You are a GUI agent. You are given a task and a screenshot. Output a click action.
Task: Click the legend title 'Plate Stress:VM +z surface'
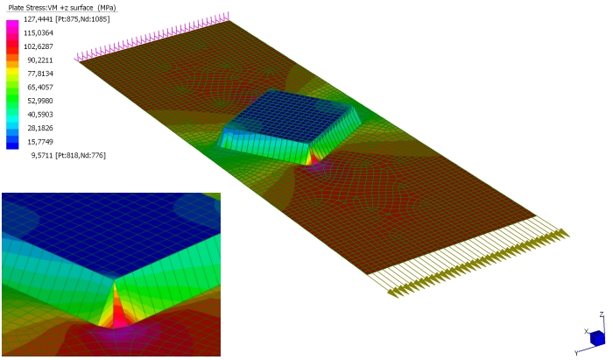[51, 8]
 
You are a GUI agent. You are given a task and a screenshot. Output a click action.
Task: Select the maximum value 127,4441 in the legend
[39, 19]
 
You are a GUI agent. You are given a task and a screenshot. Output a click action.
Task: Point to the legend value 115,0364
[39, 32]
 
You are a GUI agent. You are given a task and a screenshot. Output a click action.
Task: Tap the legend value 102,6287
[39, 46]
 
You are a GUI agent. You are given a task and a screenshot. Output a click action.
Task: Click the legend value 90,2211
[40, 60]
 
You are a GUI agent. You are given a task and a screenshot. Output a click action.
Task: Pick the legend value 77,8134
[40, 74]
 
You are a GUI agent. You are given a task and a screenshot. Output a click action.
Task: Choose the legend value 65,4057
[40, 88]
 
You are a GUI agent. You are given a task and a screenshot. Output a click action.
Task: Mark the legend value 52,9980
[40, 101]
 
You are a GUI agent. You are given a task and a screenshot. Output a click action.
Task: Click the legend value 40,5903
[40, 115]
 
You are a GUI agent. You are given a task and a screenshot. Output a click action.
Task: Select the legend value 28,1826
[40, 128]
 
